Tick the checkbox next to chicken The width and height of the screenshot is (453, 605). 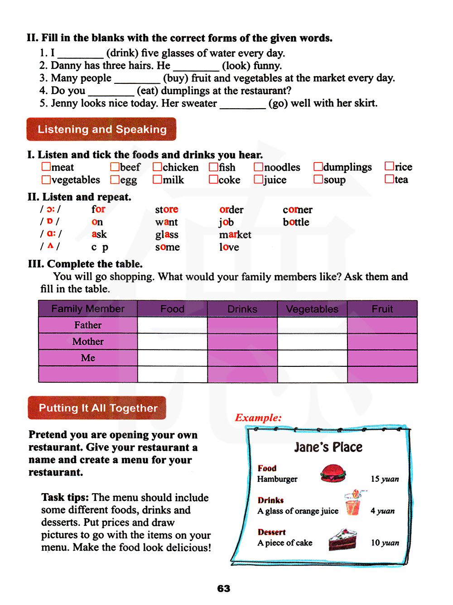click(157, 167)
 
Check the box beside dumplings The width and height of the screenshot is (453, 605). click(318, 167)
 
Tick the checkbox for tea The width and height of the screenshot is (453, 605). click(389, 179)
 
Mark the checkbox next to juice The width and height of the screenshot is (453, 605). click(258, 179)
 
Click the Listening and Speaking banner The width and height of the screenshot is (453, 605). click(101, 129)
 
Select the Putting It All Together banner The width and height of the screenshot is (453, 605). click(97, 408)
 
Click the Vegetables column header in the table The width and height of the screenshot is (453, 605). click(312, 309)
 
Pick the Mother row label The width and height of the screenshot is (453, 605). click(88, 341)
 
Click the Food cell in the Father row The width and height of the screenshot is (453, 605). click(172, 325)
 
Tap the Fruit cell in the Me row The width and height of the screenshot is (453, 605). click(382, 358)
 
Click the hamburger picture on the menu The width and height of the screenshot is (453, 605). click(333, 473)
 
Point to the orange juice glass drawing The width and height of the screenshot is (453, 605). click(353, 503)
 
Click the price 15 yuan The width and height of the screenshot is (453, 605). click(385, 479)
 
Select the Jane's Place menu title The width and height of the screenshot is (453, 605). click(328, 447)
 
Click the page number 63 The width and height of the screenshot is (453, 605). click(224, 588)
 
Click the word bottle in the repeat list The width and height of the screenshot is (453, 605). click(296, 222)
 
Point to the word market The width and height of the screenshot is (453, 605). click(235, 235)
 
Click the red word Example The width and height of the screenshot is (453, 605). click(258, 418)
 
